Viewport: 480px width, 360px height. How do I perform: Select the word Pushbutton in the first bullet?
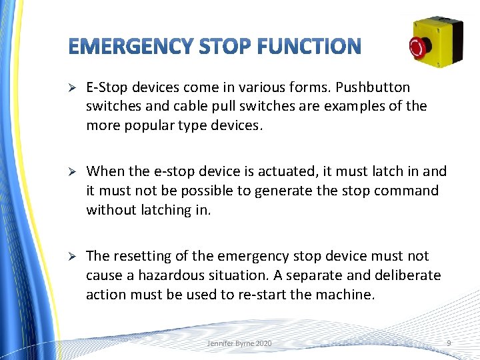click(373, 87)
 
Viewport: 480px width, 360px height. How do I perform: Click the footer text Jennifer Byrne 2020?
click(239, 343)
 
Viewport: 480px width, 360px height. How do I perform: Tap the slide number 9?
click(449, 343)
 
